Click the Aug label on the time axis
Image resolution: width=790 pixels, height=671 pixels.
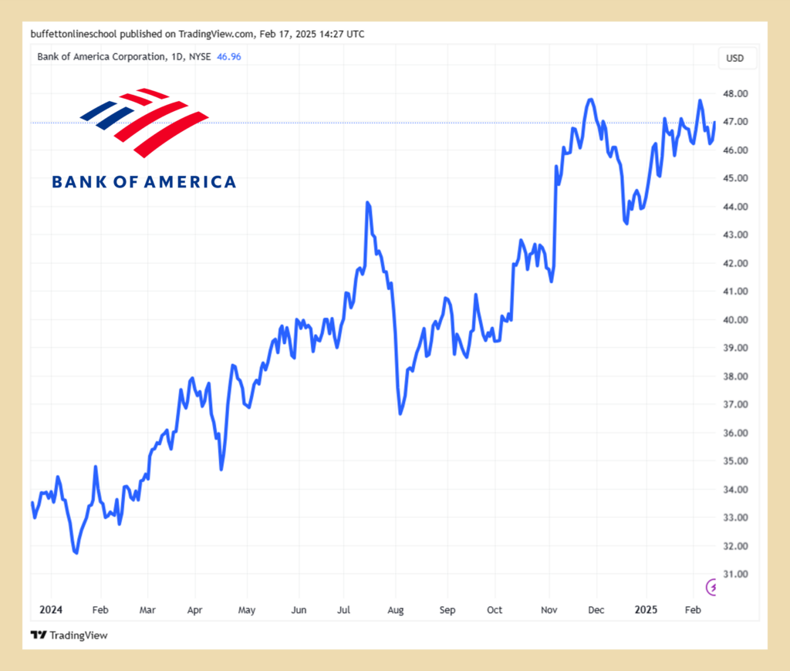pyautogui.click(x=395, y=609)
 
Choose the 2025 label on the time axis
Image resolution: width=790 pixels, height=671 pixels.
pyautogui.click(x=645, y=609)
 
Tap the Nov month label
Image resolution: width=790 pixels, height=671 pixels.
pyautogui.click(x=549, y=609)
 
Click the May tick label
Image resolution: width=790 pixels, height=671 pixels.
pyautogui.click(x=246, y=609)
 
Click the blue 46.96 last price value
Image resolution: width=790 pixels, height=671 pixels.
pyautogui.click(x=229, y=56)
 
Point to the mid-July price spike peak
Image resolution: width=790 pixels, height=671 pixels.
pyautogui.click(x=368, y=203)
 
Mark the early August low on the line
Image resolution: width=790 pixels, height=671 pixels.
pyautogui.click(x=400, y=413)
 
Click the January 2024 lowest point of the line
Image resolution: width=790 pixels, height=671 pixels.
pyautogui.click(x=76, y=552)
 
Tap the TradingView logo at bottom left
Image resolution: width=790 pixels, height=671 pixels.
pyautogui.click(x=69, y=635)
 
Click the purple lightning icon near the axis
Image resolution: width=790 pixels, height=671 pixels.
pyautogui.click(x=714, y=588)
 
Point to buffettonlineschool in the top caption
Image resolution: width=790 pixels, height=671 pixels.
pyautogui.click(x=73, y=34)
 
